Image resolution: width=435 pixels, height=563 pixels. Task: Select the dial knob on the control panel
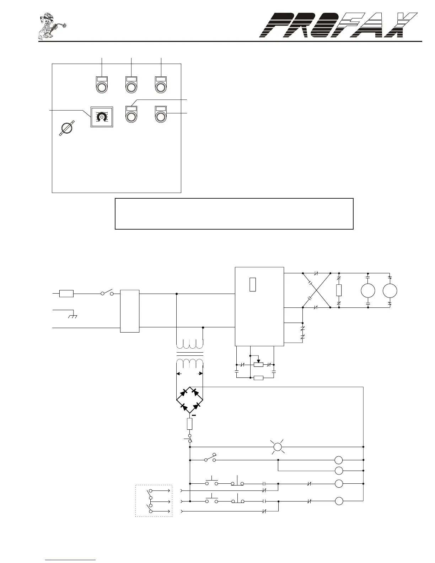[102, 117]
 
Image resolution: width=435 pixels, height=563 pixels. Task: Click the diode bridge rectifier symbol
[190, 400]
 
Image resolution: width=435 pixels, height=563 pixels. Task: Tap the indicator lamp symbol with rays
[278, 447]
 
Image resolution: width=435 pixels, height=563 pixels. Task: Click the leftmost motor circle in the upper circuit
[368, 291]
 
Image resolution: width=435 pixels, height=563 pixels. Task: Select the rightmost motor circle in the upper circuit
[390, 291]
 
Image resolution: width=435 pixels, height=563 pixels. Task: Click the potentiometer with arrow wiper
[258, 364]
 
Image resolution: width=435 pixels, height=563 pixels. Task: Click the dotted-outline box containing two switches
[154, 500]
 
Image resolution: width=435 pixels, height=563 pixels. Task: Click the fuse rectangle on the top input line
[66, 294]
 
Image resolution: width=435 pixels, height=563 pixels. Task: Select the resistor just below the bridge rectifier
[190, 424]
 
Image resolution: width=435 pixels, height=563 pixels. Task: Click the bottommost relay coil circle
[339, 501]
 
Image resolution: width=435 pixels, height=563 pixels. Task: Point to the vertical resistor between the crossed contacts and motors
[339, 290]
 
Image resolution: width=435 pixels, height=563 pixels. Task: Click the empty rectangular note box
[234, 214]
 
